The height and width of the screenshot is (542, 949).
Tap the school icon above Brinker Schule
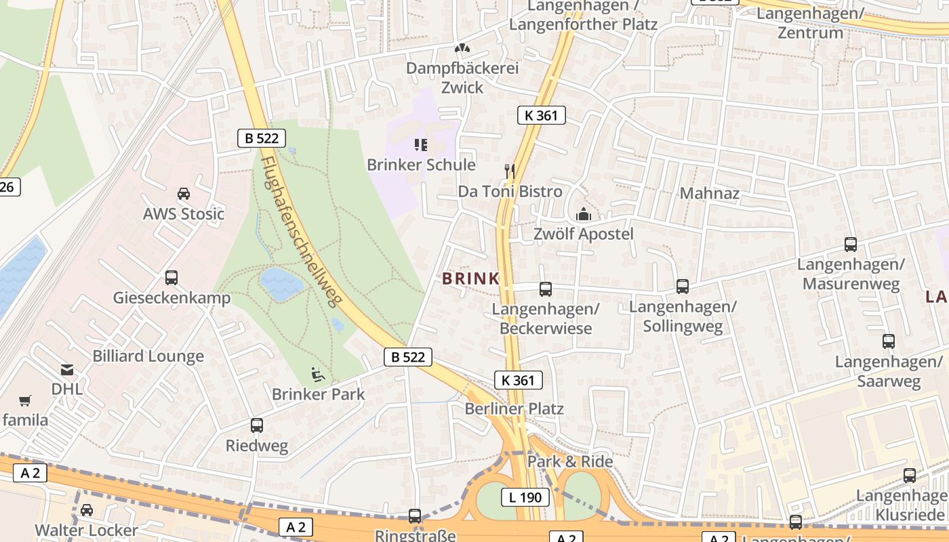pos(421,144)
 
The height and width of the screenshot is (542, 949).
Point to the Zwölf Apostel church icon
pos(583,215)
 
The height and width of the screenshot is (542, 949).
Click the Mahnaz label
pos(709,193)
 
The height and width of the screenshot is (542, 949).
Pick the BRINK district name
pos(470,278)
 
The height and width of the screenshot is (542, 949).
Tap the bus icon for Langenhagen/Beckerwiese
pos(546,289)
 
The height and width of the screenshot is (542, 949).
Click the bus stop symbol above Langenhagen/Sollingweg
pos(683,287)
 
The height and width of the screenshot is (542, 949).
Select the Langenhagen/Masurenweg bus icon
pos(851,245)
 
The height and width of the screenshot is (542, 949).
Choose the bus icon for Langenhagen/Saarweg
pos(889,341)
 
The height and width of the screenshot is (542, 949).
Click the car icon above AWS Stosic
pos(183,194)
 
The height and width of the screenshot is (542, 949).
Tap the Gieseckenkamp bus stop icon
pos(171,277)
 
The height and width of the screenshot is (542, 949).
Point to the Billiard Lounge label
pos(148,356)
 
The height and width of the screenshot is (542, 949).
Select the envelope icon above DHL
pos(67,370)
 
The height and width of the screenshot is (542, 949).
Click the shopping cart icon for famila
pos(25,400)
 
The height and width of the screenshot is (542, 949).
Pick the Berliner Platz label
pos(514,409)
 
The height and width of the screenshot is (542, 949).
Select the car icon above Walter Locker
pos(87,509)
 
